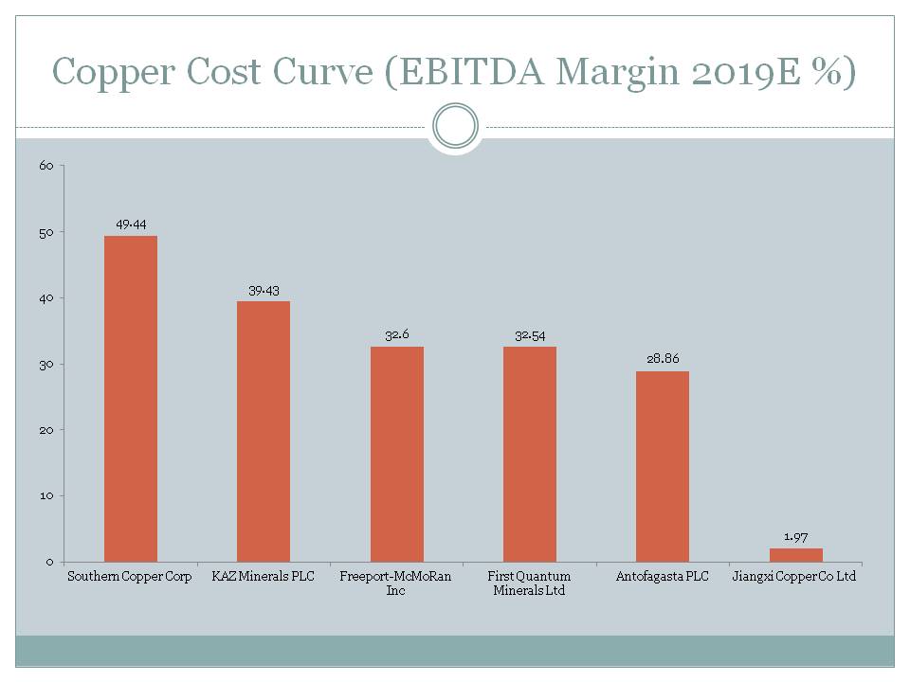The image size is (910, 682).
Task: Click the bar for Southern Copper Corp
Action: pos(131,398)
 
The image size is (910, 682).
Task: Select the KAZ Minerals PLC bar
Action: pos(264,431)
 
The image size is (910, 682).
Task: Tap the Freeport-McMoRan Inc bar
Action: pos(397,454)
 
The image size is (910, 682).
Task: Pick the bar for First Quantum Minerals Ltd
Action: pos(530,454)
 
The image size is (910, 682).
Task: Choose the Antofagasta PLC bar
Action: pos(663,466)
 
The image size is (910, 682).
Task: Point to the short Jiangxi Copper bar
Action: pos(795,555)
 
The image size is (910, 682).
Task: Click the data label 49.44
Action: pos(131,224)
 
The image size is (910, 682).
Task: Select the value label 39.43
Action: pos(264,291)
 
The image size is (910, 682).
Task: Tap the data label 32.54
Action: pos(530,336)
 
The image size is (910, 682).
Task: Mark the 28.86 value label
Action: pos(663,360)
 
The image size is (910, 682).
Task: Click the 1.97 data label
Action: pos(795,537)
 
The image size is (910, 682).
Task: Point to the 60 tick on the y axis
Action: pos(45,166)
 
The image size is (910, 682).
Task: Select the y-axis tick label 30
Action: pos(45,365)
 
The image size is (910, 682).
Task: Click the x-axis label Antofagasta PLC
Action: pos(663,577)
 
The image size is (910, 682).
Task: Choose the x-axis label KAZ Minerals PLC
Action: pos(264,577)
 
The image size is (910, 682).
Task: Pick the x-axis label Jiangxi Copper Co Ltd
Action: pos(795,577)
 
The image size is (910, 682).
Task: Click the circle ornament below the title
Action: pos(455,126)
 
